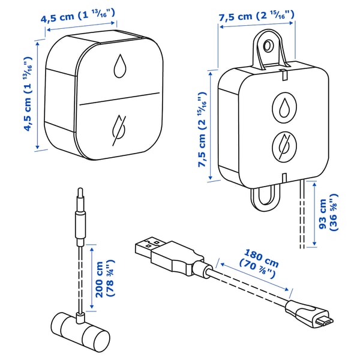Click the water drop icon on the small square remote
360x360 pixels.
120,66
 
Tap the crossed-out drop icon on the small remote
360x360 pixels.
119,130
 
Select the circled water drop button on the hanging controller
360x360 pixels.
284,107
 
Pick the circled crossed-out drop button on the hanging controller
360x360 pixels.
284,147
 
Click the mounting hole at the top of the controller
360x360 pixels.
267,46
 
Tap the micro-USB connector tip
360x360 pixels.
325,322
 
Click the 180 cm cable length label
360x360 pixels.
259,263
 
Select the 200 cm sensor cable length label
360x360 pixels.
104,278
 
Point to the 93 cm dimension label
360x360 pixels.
328,212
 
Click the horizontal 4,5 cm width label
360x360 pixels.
77,16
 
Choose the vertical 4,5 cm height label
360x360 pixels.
28,94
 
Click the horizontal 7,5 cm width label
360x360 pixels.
256,16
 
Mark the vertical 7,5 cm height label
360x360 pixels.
203,130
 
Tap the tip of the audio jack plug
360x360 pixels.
80,190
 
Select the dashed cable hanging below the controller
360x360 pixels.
302,214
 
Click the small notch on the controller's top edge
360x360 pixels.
284,74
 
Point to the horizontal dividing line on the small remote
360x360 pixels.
119,99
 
